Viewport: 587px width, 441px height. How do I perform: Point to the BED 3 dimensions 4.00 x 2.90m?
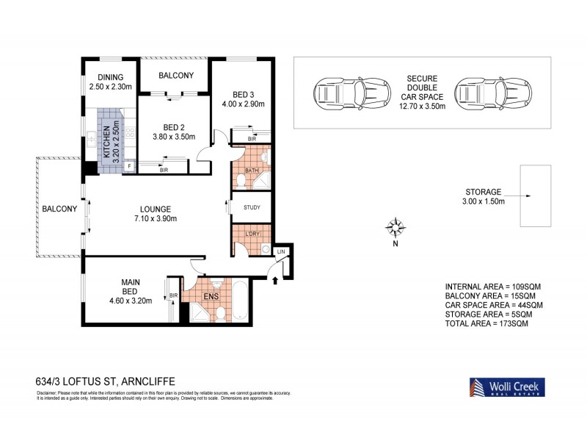click(x=244, y=104)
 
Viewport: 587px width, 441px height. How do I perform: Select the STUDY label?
click(x=251, y=207)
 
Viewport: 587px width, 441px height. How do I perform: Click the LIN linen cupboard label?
click(x=280, y=252)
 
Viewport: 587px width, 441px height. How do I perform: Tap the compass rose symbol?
click(x=395, y=227)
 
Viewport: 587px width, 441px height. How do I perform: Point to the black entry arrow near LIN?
click(x=275, y=279)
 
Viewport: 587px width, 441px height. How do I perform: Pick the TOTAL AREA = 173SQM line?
click(x=486, y=323)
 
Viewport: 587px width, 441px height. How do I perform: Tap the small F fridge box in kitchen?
click(x=130, y=167)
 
